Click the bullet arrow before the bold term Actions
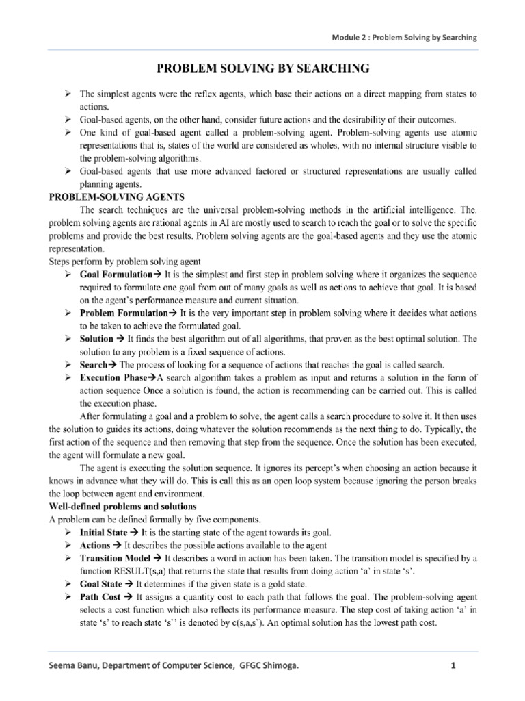pyautogui.click(x=68, y=545)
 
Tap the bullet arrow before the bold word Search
pyautogui.click(x=68, y=364)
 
